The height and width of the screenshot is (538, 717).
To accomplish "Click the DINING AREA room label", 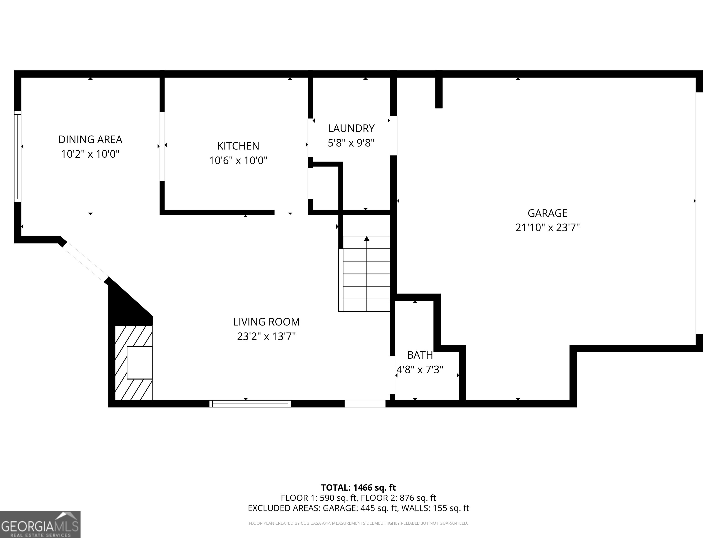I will tap(90, 139).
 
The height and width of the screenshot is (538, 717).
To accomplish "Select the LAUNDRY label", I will tap(351, 128).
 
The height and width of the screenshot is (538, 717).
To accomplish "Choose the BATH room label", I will tap(420, 355).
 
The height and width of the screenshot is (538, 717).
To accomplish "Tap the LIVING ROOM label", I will tap(266, 322).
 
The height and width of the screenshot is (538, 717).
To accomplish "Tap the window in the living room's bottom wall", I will tap(250, 403).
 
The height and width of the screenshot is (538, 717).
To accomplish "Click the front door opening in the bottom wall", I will tap(365, 403).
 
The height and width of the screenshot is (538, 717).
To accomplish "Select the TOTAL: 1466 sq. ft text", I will tap(358, 487).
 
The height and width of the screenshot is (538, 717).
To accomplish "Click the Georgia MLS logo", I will tap(40, 524).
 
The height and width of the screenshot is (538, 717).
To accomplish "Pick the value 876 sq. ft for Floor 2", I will tap(418, 498).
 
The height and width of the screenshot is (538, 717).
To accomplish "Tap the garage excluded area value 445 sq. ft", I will tap(379, 508).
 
